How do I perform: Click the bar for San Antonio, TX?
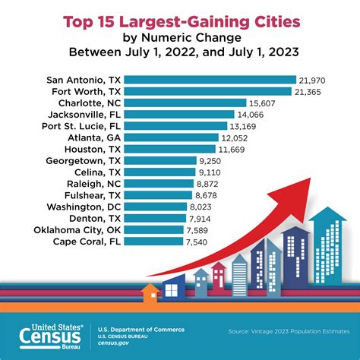[x=209, y=80]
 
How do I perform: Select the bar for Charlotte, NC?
[x=185, y=103]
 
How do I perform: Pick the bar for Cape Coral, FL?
[x=153, y=242]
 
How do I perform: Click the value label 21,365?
[x=309, y=91]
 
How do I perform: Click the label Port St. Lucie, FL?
[x=77, y=126]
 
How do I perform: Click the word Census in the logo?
[x=54, y=334]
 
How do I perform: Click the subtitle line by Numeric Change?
[x=179, y=37]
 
